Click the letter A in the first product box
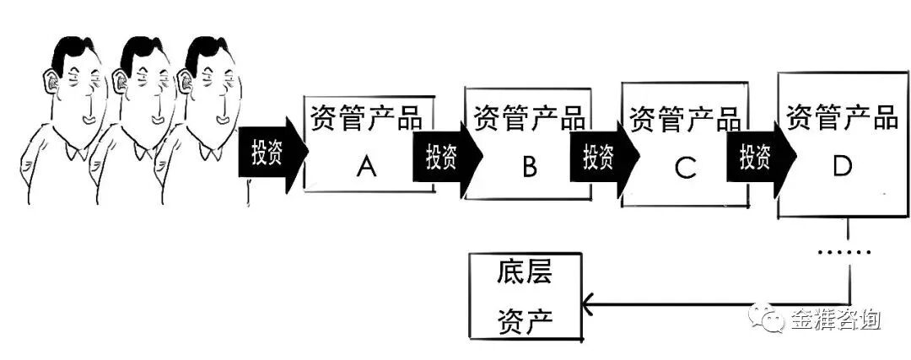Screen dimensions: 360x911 366,168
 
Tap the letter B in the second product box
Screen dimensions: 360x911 529,168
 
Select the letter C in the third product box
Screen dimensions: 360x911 685,169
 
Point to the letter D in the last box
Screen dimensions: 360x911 842,167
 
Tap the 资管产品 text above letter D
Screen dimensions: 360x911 842,116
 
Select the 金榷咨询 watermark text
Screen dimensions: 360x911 835,320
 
